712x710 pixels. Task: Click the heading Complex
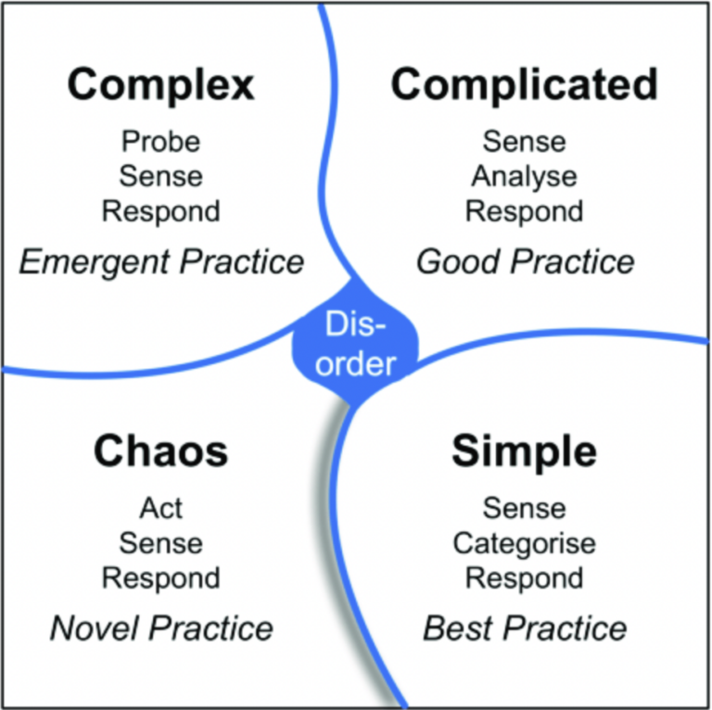click(160, 86)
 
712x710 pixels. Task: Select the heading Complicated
click(524, 85)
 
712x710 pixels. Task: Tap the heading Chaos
click(160, 451)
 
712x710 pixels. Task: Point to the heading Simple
click(524, 451)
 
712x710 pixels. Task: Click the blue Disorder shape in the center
click(356, 344)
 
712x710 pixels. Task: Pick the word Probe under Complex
click(160, 142)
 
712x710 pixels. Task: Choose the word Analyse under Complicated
click(524, 176)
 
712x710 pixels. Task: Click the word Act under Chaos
click(160, 508)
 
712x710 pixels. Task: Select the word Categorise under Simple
click(524, 543)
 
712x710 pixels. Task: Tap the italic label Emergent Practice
click(161, 262)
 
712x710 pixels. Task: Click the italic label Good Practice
click(525, 262)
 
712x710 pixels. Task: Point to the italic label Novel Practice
click(161, 628)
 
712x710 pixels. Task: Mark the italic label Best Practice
click(525, 628)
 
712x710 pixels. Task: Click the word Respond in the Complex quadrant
click(160, 210)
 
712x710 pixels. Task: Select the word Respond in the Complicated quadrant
click(524, 210)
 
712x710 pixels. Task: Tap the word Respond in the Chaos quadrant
click(160, 577)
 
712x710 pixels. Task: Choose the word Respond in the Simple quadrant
click(524, 577)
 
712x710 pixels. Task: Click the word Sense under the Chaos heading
click(160, 543)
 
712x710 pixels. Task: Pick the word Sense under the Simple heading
click(524, 508)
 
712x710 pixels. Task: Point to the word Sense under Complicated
click(524, 142)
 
